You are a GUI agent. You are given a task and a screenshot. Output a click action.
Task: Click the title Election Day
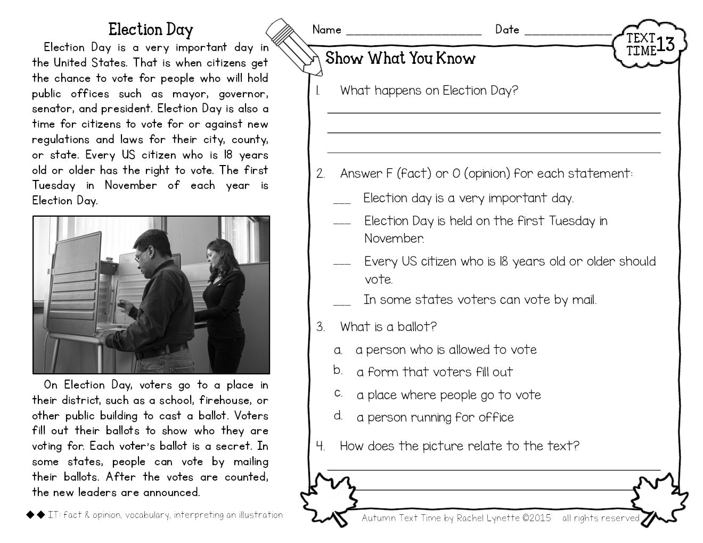click(150, 29)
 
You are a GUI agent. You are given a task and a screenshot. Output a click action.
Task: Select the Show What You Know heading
click(400, 58)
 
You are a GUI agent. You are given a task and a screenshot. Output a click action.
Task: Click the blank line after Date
click(568, 32)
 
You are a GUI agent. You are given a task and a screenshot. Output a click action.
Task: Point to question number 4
click(321, 446)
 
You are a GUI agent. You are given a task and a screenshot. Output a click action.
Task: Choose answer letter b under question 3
click(338, 370)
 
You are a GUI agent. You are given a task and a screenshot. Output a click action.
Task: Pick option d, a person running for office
click(435, 417)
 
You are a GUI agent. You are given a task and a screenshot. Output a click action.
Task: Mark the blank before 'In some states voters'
click(342, 303)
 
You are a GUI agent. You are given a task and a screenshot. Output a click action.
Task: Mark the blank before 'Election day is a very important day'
click(342, 202)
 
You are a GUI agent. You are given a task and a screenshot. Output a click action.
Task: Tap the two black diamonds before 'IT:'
click(35, 515)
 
